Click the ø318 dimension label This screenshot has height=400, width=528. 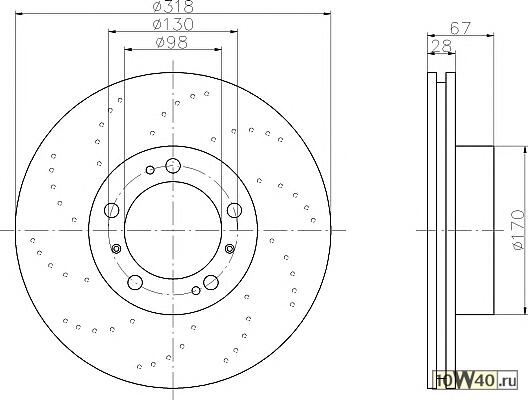[x=173, y=6]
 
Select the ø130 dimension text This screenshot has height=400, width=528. [x=173, y=24]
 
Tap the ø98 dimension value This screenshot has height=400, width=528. [x=172, y=43]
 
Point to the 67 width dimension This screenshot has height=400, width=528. [x=460, y=28]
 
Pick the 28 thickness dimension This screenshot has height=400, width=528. [x=441, y=46]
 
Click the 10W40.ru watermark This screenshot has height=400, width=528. [x=475, y=381]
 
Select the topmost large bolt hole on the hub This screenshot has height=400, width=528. [x=173, y=165]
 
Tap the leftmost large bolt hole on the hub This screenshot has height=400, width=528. [x=112, y=210]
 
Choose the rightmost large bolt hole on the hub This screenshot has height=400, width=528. [x=234, y=210]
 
